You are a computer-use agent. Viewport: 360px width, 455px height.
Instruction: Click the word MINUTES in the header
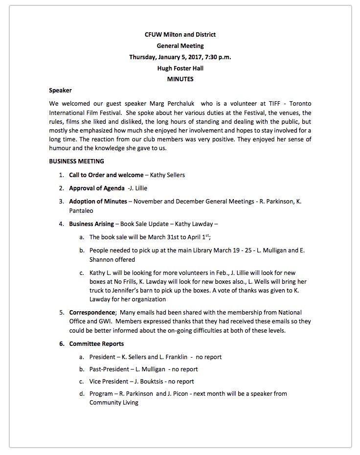tap(180, 79)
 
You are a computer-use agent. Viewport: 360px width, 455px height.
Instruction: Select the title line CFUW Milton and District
tap(180, 35)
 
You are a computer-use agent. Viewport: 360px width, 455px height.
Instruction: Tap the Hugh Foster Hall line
tap(180, 68)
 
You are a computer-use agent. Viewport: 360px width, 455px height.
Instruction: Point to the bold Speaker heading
tap(61, 90)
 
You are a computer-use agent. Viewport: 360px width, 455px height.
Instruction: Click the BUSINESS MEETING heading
tap(76, 161)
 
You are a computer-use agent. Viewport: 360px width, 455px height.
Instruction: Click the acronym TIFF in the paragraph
tap(274, 104)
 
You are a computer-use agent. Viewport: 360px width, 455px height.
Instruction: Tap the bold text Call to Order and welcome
tap(106, 175)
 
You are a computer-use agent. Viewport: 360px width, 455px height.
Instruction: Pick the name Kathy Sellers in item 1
tap(168, 175)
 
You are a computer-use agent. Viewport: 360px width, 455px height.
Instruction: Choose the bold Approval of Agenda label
tap(96, 188)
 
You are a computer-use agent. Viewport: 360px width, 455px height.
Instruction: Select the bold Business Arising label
tap(91, 224)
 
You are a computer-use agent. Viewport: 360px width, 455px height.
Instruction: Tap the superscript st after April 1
tap(207, 235)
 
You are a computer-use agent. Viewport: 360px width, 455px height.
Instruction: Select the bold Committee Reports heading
tap(96, 344)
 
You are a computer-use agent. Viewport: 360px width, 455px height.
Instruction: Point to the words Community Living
tap(113, 403)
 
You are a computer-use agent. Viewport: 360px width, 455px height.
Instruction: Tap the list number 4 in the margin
tap(61, 224)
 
